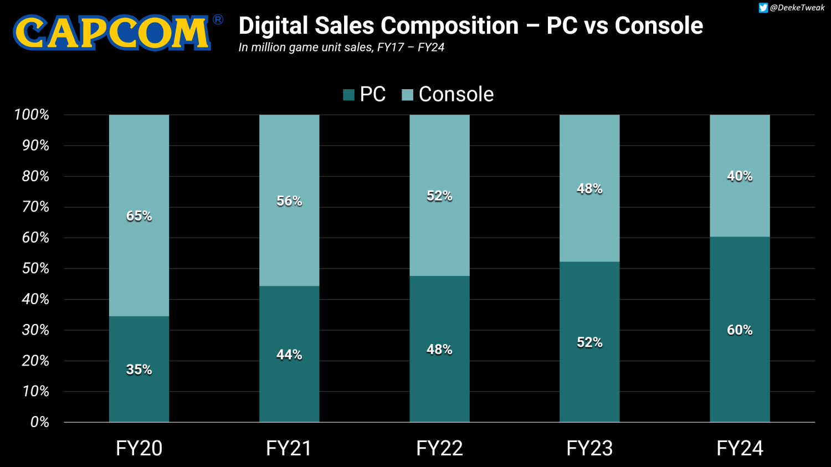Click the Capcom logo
pyautogui.click(x=112, y=32)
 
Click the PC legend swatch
pyautogui.click(x=348, y=95)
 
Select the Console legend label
pyautogui.click(x=456, y=95)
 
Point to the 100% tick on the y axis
pyautogui.click(x=32, y=115)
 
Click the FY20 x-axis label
pyautogui.click(x=139, y=448)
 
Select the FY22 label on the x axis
pyautogui.click(x=439, y=448)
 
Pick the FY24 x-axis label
pyautogui.click(x=740, y=448)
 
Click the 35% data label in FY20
pyautogui.click(x=139, y=370)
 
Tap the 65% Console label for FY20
pyautogui.click(x=139, y=216)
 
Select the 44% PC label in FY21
pyautogui.click(x=289, y=355)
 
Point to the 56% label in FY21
pyautogui.click(x=289, y=201)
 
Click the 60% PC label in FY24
pyautogui.click(x=740, y=330)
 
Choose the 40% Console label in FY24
pyautogui.click(x=740, y=176)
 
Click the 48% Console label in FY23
pyautogui.click(x=589, y=189)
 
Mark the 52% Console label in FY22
pyautogui.click(x=439, y=196)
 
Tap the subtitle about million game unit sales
pyautogui.click(x=341, y=48)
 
